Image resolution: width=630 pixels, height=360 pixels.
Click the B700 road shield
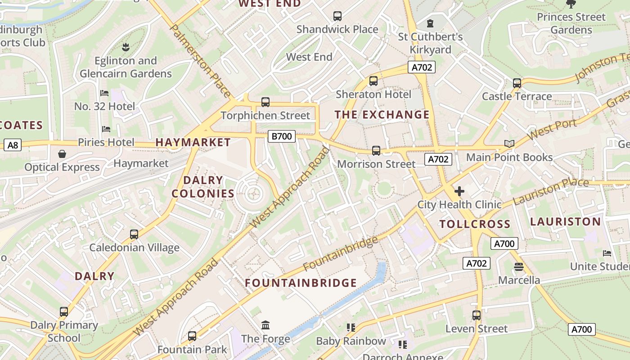point(282,136)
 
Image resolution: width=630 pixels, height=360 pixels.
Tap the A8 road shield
point(13,145)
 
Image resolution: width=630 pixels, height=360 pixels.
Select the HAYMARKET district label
point(193,142)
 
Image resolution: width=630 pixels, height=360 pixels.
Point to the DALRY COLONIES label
point(203,187)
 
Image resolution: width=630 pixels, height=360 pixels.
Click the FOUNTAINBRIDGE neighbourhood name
point(301,283)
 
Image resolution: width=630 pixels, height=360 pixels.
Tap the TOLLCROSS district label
point(475,224)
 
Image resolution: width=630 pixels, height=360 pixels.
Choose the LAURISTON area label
point(565,221)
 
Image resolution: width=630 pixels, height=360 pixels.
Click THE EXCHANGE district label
point(382,115)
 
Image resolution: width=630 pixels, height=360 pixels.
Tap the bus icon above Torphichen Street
point(265,102)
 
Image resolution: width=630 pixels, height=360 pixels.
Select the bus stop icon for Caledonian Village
point(134,234)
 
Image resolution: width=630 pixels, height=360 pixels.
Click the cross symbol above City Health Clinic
point(459,191)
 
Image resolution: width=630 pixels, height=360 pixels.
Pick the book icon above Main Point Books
point(509,144)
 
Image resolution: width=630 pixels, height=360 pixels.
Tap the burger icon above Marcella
point(518,267)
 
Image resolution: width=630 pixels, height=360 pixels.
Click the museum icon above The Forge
point(265,325)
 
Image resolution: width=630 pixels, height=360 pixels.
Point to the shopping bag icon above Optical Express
point(62,154)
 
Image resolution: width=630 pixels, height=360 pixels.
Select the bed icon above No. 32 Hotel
point(104,93)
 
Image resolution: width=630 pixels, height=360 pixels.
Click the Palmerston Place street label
point(200,61)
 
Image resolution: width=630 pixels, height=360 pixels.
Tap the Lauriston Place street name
point(551,191)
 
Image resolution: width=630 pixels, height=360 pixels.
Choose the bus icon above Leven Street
point(477,315)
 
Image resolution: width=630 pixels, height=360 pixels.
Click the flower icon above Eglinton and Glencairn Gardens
point(126,47)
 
